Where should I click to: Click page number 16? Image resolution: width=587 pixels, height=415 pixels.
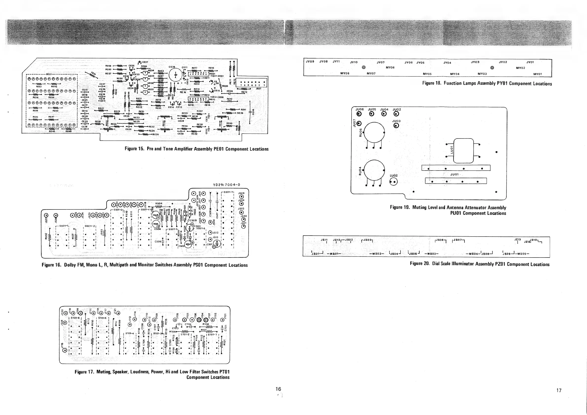click(278, 389)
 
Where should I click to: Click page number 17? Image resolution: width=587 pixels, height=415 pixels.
click(559, 390)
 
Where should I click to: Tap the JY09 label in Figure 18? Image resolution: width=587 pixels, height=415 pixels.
click(310, 62)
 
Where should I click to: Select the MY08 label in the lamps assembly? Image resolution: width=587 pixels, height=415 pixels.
click(345, 73)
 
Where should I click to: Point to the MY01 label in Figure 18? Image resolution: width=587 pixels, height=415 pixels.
click(537, 74)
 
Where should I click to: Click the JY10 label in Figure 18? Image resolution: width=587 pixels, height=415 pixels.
click(354, 62)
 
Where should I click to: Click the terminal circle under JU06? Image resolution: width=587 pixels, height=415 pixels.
click(359, 114)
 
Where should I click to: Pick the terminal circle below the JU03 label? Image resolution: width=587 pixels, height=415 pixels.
click(396, 125)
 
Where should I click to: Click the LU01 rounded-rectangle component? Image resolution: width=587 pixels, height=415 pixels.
click(463, 151)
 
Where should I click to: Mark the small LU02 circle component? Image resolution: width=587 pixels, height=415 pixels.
click(394, 182)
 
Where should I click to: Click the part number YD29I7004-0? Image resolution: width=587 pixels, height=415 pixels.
click(227, 185)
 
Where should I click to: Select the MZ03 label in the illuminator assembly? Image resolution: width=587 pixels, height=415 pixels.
click(431, 254)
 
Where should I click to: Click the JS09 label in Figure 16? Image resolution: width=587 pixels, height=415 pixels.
click(241, 193)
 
